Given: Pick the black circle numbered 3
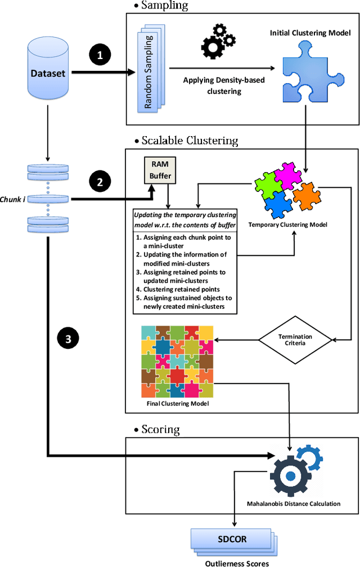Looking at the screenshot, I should (x=69, y=339).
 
